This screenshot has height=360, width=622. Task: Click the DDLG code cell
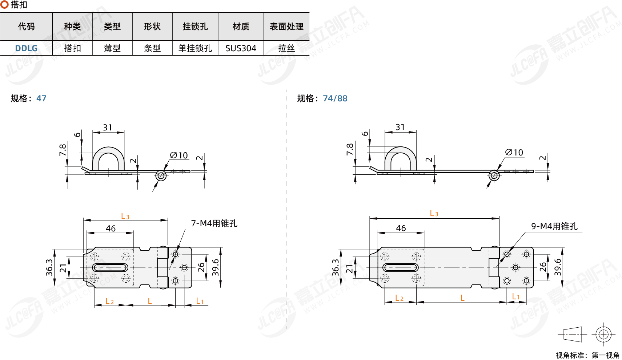coord(26,48)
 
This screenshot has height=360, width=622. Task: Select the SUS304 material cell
coord(241,48)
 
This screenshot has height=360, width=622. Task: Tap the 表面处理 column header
coord(286,27)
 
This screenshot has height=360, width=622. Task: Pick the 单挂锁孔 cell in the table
coord(195,48)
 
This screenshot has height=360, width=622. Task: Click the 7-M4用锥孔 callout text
coord(214,223)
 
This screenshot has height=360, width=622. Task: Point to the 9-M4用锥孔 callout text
coord(554,226)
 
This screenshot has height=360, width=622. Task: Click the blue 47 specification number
coord(41,98)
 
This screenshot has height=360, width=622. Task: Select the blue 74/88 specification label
coord(335,98)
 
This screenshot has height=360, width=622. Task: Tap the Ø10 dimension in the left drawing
coord(179,155)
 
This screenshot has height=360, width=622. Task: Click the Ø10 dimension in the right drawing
coord(514,153)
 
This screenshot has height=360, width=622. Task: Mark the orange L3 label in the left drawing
coord(125,217)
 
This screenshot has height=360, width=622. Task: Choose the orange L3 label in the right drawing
coord(434,214)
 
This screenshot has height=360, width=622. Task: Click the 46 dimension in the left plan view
coord(111,228)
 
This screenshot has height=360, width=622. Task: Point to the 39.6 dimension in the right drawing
coord(558,267)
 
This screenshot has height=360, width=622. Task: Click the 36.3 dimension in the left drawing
coord(49,267)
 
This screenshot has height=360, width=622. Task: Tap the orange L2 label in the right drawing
coord(399,298)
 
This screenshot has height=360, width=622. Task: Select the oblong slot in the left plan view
coord(110,268)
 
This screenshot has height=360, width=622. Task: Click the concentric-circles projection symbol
coord(603,334)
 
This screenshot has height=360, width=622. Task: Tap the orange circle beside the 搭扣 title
coord(5,5)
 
